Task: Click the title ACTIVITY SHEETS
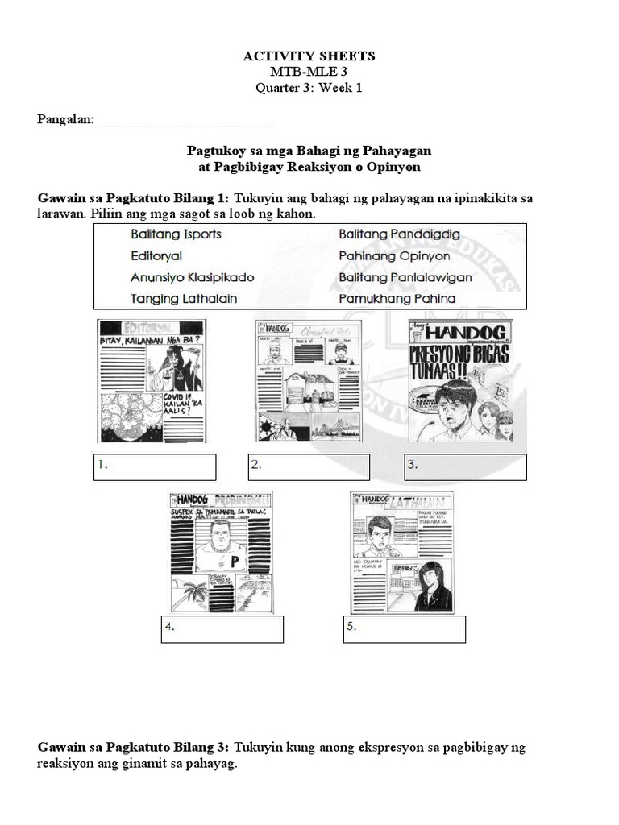(x=309, y=56)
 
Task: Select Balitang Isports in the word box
(x=176, y=234)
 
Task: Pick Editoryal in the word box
(x=156, y=255)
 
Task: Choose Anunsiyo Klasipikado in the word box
(x=192, y=277)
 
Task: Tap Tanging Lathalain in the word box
(x=185, y=299)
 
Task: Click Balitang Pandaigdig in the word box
(x=400, y=234)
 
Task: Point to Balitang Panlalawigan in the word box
(x=405, y=277)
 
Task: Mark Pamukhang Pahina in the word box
(x=397, y=299)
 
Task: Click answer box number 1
(x=155, y=466)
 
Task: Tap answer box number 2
(x=309, y=466)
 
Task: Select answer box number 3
(x=465, y=466)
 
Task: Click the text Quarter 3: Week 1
(x=309, y=89)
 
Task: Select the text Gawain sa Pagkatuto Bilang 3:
(x=134, y=748)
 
